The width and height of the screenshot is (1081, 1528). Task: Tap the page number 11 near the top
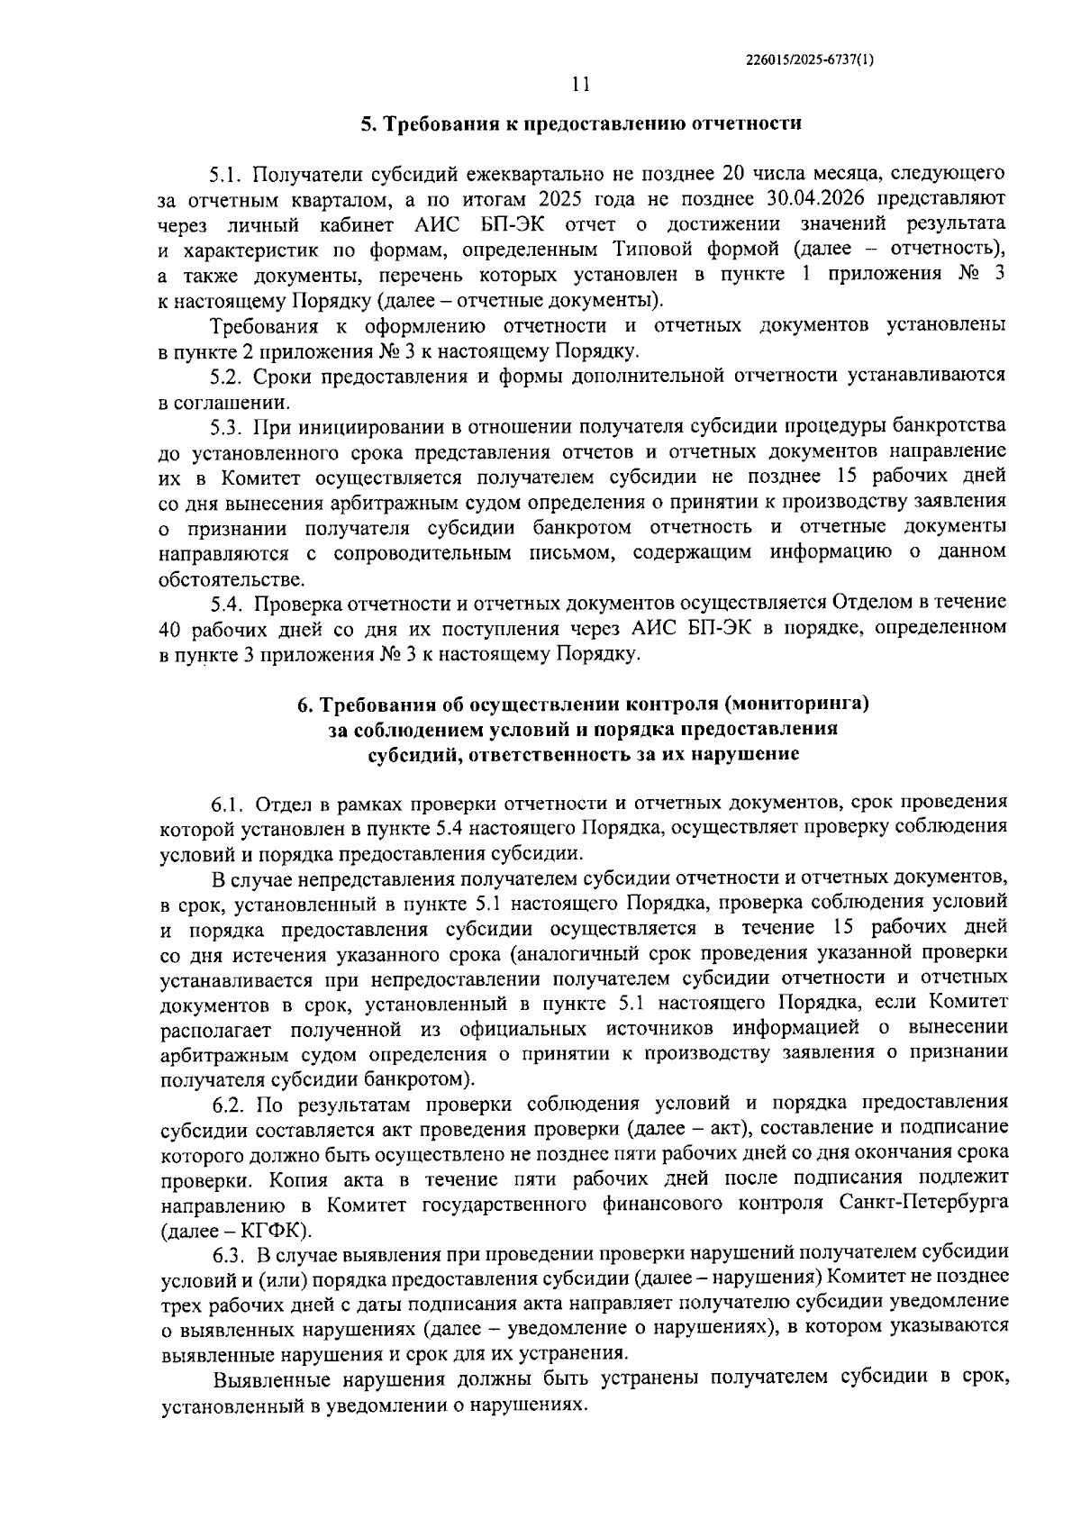point(581,85)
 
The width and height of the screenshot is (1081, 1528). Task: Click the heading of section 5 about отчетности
point(581,124)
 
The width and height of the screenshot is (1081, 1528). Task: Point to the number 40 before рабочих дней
point(172,627)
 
